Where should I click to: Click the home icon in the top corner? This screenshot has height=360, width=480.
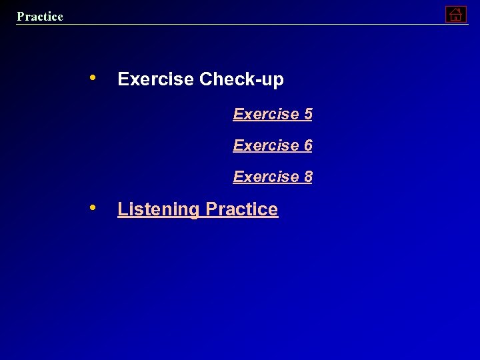tap(455, 14)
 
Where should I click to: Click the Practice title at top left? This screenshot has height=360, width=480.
tap(40, 16)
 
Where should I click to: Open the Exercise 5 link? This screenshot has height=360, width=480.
tap(273, 114)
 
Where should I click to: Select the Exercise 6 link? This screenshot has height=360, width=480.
tap(273, 145)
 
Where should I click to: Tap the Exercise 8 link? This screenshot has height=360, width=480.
tap(273, 177)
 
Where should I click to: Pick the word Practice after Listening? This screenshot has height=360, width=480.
tap(242, 209)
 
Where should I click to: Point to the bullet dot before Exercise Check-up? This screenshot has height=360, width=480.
tap(94, 77)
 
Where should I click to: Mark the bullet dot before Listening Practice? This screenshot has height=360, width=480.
tap(94, 207)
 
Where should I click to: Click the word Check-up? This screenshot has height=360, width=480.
tap(241, 79)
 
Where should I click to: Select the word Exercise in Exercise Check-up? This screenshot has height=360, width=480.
tap(156, 79)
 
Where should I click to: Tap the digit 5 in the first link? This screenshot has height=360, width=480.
tap(307, 114)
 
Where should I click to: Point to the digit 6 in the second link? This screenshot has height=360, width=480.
tap(307, 145)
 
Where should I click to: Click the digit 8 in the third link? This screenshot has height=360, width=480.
tap(307, 177)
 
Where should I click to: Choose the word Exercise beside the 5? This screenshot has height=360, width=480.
tap(265, 114)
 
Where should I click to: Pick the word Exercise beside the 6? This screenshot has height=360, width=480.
tap(265, 145)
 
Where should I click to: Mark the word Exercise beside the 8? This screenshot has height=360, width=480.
tap(265, 177)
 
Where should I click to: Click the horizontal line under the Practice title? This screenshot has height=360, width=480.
tap(240, 25)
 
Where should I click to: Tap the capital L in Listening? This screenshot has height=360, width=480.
tap(122, 209)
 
